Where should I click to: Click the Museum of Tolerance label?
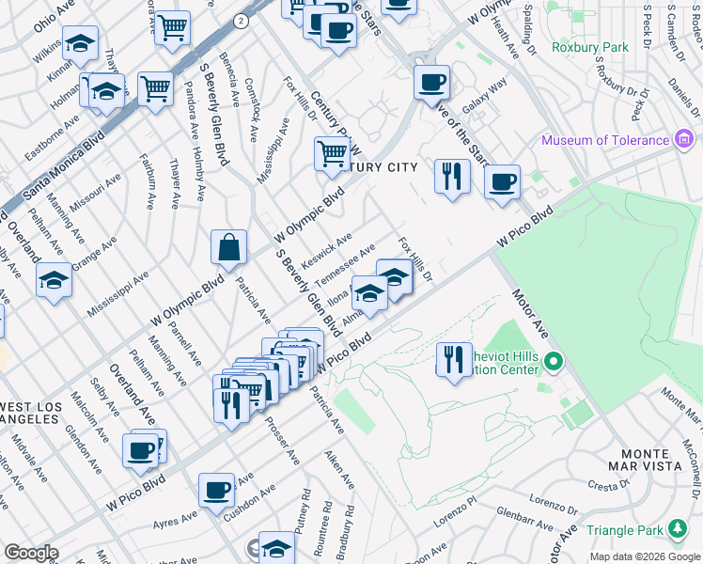pos(604,141)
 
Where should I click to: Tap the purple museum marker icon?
pos(684,141)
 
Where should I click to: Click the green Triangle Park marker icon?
pos(676,530)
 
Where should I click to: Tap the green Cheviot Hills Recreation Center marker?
pos(554,361)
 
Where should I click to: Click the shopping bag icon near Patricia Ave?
pos(228,248)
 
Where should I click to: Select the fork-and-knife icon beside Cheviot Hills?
pos(454,358)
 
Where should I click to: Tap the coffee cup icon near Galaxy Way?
pos(431,83)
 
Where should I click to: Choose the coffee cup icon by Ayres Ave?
pos(216,490)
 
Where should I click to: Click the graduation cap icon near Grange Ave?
pos(54,280)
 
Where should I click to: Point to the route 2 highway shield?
pos(242,20)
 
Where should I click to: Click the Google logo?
pos(30,553)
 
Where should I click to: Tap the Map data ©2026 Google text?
pos(645,556)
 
